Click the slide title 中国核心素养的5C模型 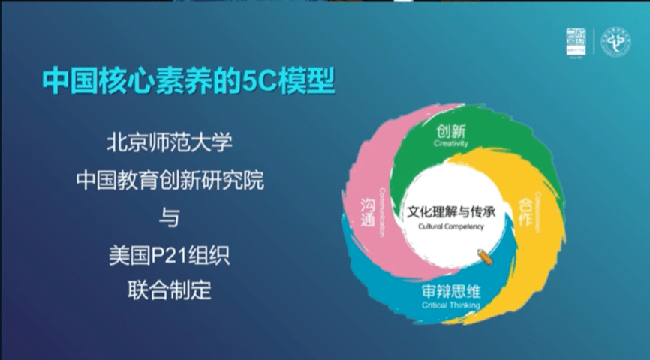click(x=188, y=82)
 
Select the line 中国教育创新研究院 click(x=170, y=180)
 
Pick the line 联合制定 click(x=170, y=289)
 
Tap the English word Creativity click(x=451, y=144)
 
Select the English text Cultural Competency click(x=450, y=226)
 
